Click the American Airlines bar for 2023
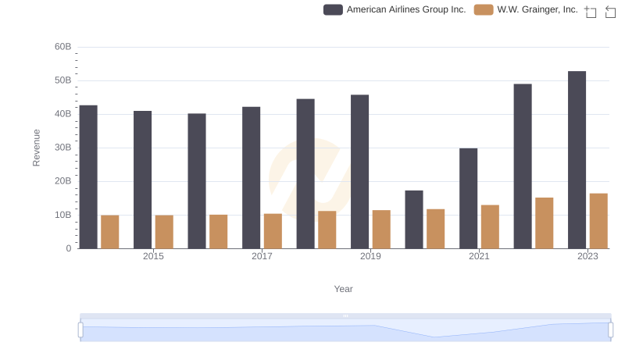coord(577,160)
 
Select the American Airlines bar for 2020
coord(414,219)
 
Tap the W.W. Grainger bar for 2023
coord(598,221)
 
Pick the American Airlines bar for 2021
coord(468,198)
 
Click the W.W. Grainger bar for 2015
coord(164,232)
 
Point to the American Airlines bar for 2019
coord(359,172)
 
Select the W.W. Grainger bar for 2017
coord(273,231)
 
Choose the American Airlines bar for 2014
coord(88,176)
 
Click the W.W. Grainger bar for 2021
coord(490,226)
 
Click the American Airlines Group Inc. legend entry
coord(395,10)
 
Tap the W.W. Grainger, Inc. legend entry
coord(527,10)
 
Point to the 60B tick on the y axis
coord(63,47)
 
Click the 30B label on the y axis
coord(63,148)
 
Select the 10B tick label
coord(63,215)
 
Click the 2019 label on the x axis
coord(370,256)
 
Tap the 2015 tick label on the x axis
coord(153,256)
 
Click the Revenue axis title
coord(36,148)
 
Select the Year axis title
coord(344,289)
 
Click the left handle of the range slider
coord(80,330)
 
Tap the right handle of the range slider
coord(611,330)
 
